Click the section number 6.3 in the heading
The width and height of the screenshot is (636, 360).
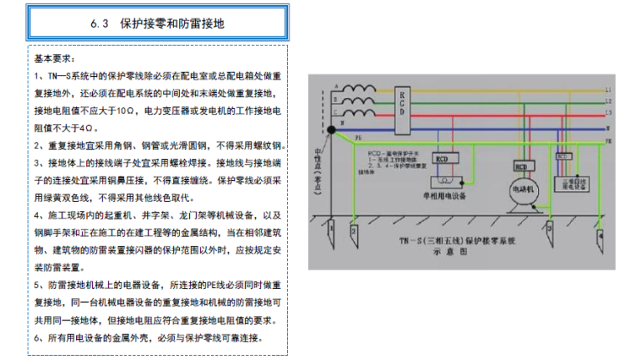(x=100, y=25)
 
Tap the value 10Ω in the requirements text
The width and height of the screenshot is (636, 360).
(x=124, y=111)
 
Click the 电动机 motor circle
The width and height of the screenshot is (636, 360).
(x=521, y=189)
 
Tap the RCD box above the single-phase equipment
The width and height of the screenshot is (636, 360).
(x=443, y=158)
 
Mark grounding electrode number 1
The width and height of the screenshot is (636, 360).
(x=332, y=229)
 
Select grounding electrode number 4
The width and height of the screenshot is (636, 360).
(x=601, y=238)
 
